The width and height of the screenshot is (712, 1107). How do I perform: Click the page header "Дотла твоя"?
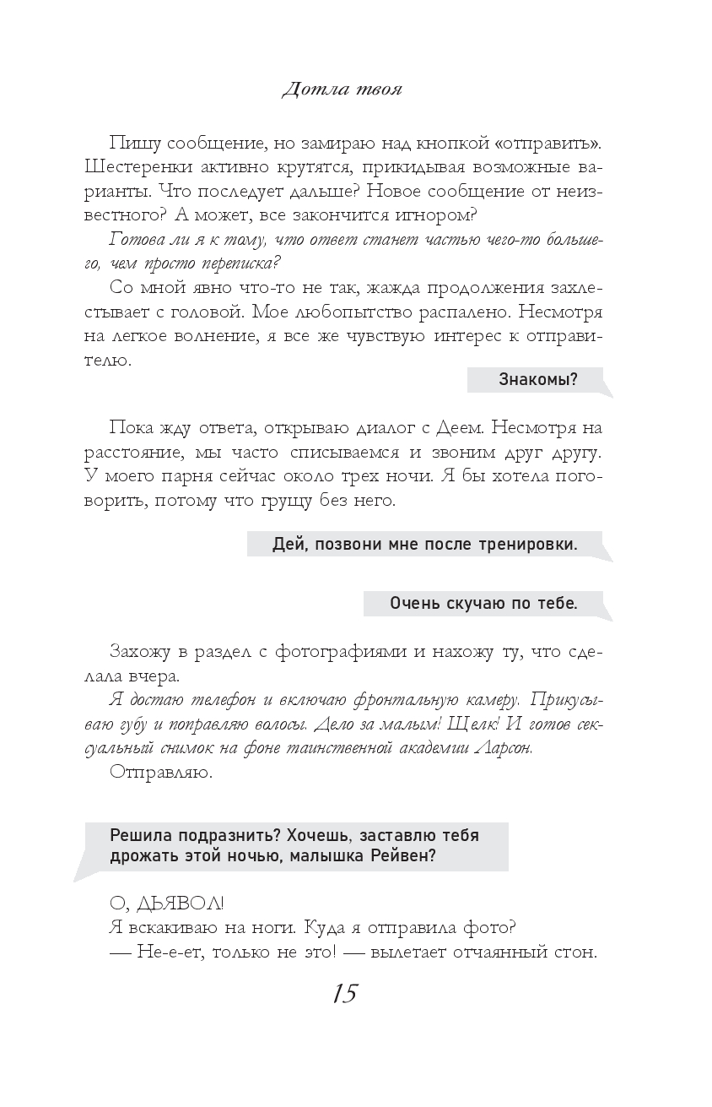(342, 89)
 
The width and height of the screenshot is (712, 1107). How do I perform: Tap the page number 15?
(345, 994)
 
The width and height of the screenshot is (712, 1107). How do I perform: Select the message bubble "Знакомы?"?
(538, 379)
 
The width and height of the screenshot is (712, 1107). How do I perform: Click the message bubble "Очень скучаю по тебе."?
(483, 604)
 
